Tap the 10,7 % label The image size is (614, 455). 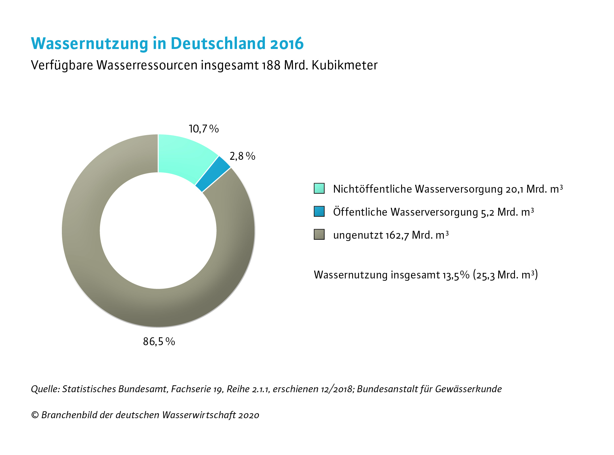[204, 129]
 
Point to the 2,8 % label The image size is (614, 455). [243, 156]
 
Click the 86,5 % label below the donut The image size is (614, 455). [159, 342]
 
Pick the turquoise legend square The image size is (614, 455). [319, 188]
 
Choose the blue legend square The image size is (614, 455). [319, 211]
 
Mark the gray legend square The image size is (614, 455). [319, 234]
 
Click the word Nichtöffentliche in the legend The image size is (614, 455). [372, 189]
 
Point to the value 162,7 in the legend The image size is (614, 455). [397, 235]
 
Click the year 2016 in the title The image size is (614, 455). [287, 43]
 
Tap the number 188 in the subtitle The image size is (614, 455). [271, 65]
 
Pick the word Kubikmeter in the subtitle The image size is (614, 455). [345, 65]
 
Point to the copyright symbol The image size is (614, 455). [35, 415]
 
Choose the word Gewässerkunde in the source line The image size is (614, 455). [468, 389]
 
